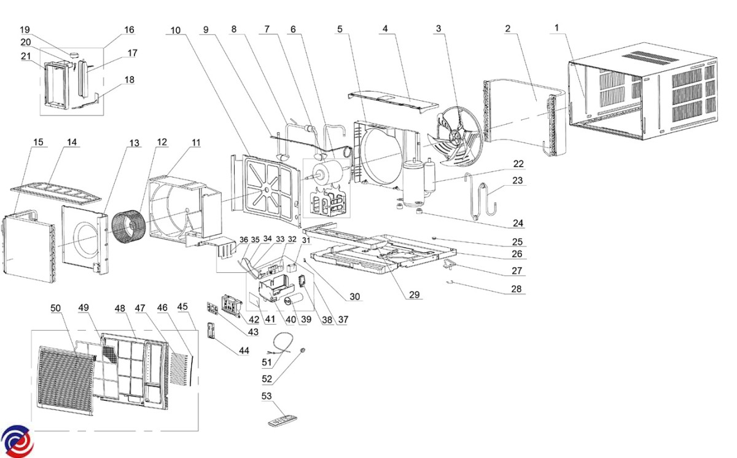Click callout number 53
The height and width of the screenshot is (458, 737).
pos(267,397)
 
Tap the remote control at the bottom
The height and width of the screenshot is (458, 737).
pos(283,421)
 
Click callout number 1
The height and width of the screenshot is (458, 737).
pos(556,29)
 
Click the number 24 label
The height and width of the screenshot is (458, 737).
pos(518,223)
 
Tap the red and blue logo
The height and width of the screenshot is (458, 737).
pos(17,441)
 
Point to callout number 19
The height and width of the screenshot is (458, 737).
pos(25,30)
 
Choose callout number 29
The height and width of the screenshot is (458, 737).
pos(415,295)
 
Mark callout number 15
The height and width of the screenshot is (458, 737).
pos(39,143)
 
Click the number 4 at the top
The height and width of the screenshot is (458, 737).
pos(385,29)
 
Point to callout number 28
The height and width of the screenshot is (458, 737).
pos(518,289)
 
